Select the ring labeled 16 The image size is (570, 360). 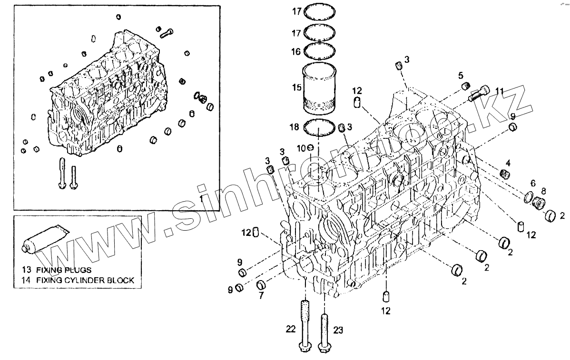click(320, 50)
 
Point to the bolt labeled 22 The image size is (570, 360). click(305, 326)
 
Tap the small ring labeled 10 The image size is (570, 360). click(310, 148)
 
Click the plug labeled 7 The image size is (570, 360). click(261, 285)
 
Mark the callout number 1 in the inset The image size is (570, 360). click(202, 199)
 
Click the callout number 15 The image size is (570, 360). click(296, 88)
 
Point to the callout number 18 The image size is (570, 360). click(295, 127)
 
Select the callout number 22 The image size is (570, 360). click(291, 329)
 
